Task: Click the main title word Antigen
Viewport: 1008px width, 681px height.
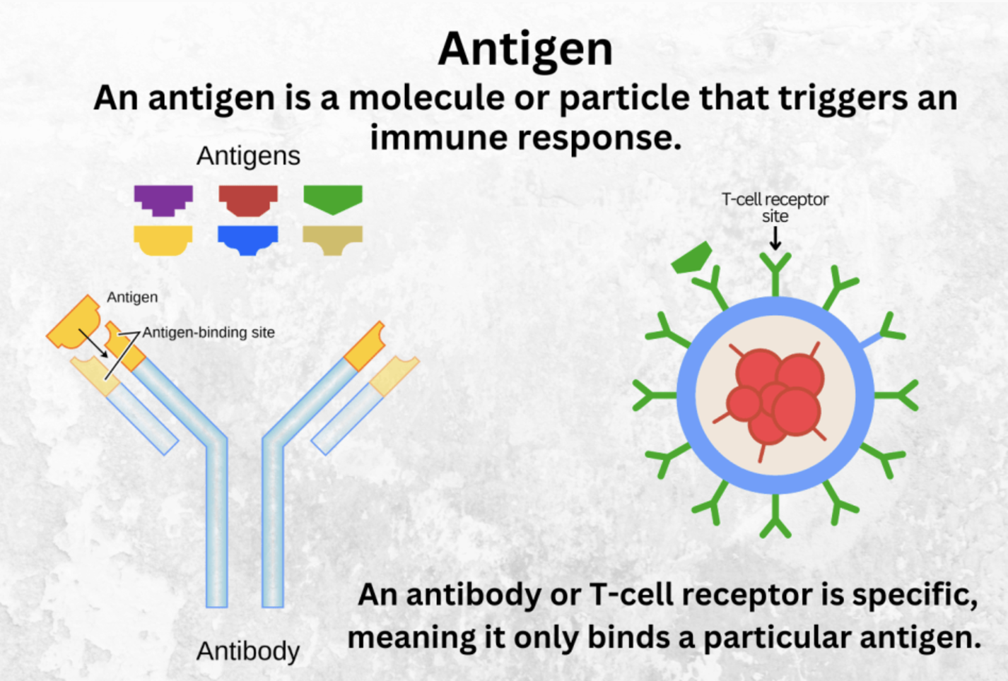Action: click(525, 49)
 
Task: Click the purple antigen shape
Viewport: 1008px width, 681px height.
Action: click(163, 200)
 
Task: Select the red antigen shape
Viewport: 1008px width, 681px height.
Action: click(248, 200)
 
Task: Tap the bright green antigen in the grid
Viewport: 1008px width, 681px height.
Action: click(333, 199)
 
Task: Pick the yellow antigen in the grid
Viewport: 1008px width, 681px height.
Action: click(163, 239)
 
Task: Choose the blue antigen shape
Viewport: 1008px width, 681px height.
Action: click(248, 239)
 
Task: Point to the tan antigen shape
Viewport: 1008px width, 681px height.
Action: click(332, 239)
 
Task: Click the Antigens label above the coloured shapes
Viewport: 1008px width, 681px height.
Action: click(248, 156)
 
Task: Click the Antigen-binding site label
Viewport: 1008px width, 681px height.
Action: click(209, 333)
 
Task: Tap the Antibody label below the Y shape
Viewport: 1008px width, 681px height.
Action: click(248, 651)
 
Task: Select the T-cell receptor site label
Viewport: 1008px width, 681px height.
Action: click(775, 208)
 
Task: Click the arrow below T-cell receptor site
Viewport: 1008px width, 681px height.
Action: click(775, 238)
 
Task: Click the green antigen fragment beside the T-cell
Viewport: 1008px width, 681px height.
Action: click(691, 258)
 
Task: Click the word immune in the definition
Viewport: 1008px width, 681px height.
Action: click(438, 138)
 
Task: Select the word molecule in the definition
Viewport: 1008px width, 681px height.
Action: click(427, 98)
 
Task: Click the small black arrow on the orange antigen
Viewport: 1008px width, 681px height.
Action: click(93, 343)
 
